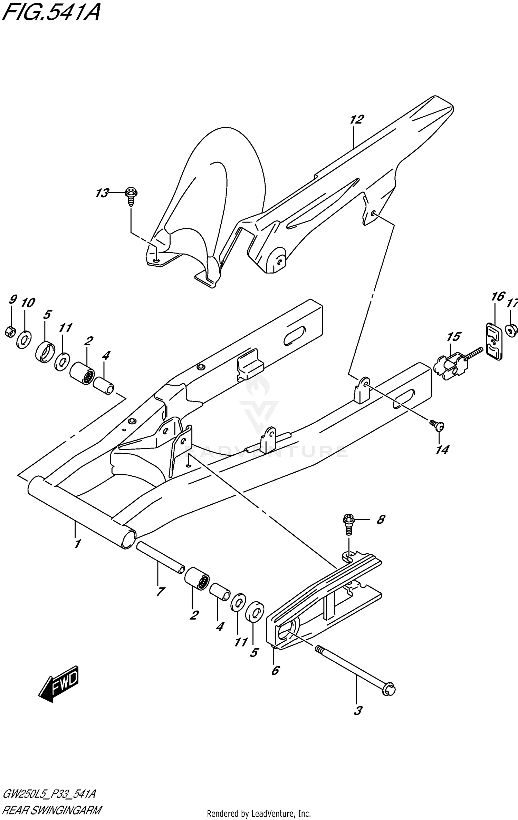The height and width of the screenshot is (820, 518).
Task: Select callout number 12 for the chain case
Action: pos(356,120)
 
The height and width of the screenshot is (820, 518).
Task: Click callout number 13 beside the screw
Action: pos(102,193)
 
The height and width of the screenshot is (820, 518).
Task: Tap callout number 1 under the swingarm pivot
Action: pos(77,544)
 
